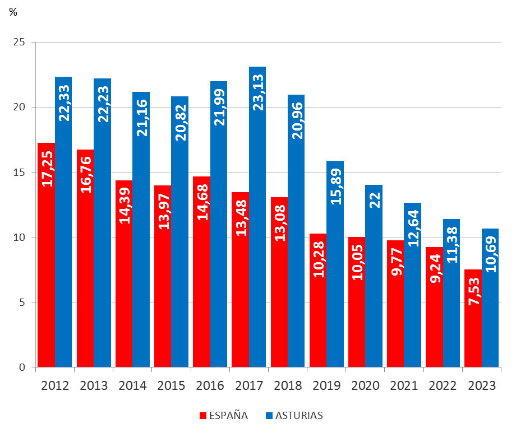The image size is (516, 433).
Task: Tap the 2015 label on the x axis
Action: [171, 386]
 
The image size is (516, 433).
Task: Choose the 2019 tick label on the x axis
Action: [326, 386]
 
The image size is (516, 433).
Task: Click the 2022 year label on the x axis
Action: [443, 386]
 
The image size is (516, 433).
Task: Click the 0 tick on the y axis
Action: [22, 367]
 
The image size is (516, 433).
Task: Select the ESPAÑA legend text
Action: [228, 416]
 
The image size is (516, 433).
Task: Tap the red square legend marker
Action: [203, 416]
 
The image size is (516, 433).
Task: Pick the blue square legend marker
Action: [269, 416]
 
